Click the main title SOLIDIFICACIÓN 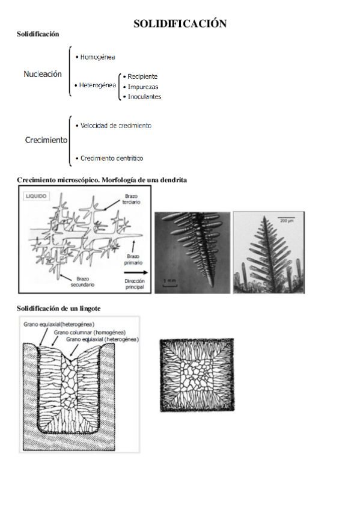pos(180,23)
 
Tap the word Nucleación pos(43,74)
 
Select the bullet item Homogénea pos(95,57)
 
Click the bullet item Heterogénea pos(95,85)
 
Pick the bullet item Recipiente pos(141,77)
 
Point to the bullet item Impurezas pos(141,87)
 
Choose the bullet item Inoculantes pos(142,97)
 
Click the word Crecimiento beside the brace pos(46,140)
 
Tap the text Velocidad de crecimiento pos(114,126)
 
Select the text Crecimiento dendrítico pos(109,158)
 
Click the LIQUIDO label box pos(36,196)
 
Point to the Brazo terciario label pos(131,199)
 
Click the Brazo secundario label pos(82,281)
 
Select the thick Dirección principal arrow pos(136,273)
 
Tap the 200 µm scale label pos(287,221)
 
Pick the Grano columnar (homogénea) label pos(90,333)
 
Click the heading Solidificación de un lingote pos(58,309)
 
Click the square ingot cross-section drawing pos(197,375)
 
